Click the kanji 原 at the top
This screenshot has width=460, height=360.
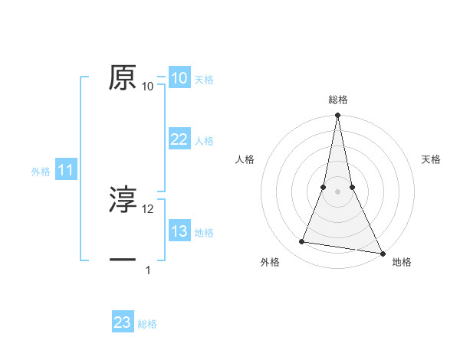pos(123,77)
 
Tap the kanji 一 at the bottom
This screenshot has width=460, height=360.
pos(123,260)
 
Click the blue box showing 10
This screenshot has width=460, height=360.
pos(179,78)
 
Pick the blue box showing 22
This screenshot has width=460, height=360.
pos(179,139)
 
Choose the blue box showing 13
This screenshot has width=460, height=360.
pos(179,231)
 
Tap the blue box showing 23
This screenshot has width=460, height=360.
pos(123,322)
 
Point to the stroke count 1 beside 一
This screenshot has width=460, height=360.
pos(148,270)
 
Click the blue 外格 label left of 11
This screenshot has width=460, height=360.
pos(41,172)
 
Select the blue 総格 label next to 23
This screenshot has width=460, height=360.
pos(147,324)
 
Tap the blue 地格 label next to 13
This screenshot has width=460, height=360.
pos(204,233)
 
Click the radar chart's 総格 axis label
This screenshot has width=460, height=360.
pos(337,100)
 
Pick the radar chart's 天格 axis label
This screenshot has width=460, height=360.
pos(431,159)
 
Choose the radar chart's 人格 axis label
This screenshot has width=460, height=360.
pos(245,159)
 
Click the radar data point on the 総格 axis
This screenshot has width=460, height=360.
pos(337,116)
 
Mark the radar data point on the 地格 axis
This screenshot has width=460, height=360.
pos(382,253)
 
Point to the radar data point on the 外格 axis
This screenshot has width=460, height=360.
pos(302,242)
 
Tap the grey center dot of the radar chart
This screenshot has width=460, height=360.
pos(337,191)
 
